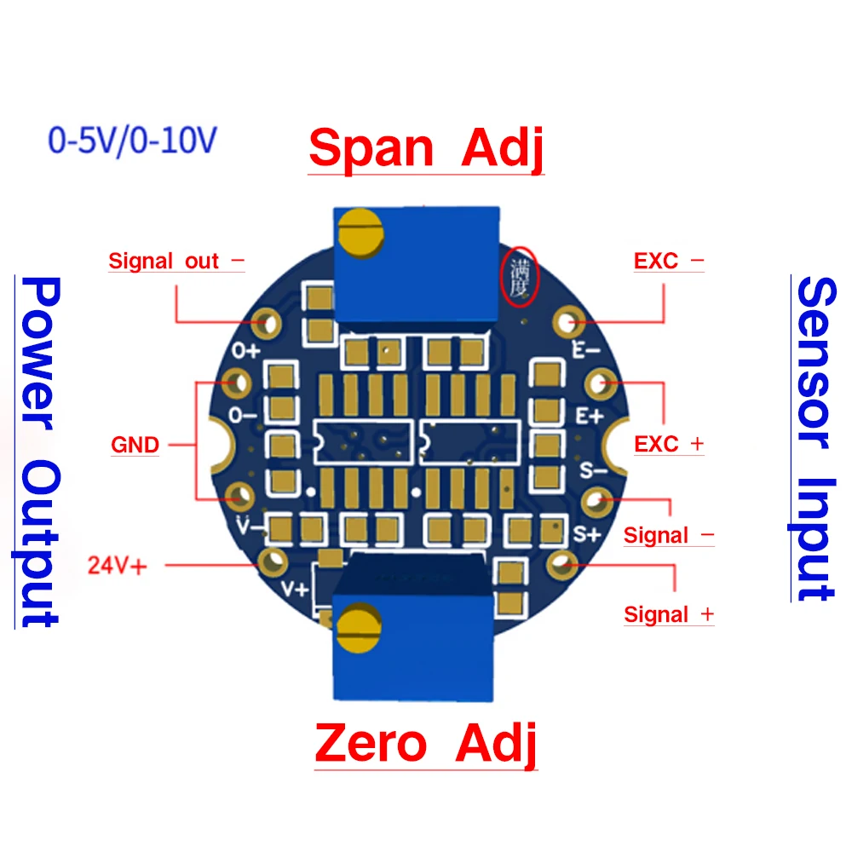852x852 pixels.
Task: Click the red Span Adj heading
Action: pyautogui.click(x=426, y=148)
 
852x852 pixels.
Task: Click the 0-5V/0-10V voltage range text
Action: pyautogui.click(x=132, y=141)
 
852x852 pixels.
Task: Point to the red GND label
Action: pyautogui.click(x=135, y=445)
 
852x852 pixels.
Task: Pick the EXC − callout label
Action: pyautogui.click(x=669, y=261)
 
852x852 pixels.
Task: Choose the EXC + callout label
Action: pyautogui.click(x=669, y=444)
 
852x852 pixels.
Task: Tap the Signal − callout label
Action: pyautogui.click(x=668, y=535)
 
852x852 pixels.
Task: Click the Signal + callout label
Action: pyautogui.click(x=669, y=614)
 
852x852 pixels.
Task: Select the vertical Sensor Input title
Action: pyautogui.click(x=814, y=439)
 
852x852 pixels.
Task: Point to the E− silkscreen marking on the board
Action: pyautogui.click(x=586, y=349)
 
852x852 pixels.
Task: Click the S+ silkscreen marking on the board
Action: pyautogui.click(x=589, y=534)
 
